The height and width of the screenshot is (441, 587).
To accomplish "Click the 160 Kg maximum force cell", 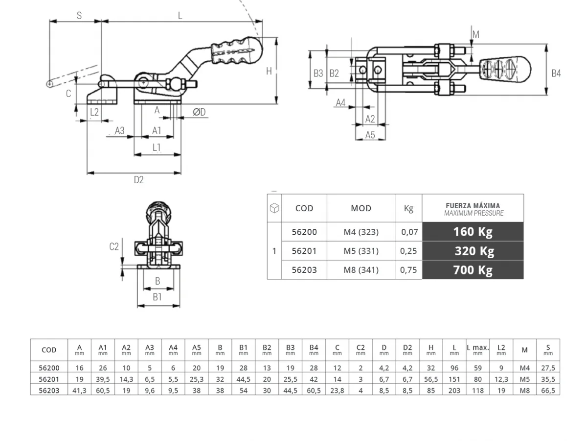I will (x=473, y=232).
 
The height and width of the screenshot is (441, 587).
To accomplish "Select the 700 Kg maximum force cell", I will (x=473, y=269).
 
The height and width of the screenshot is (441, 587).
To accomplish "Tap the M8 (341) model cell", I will (x=361, y=269).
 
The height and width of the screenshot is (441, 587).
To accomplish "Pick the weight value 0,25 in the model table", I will (x=408, y=251).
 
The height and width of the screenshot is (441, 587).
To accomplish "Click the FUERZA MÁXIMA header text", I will (x=473, y=206).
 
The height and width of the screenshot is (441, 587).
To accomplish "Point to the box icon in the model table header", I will (x=274, y=208).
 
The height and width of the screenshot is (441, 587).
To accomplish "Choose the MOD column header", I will (x=361, y=208).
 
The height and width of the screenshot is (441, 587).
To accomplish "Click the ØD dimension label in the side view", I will (x=199, y=112).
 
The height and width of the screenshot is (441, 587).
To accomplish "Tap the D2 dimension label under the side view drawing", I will (x=139, y=180).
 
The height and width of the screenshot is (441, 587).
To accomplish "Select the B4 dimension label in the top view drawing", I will (x=556, y=73).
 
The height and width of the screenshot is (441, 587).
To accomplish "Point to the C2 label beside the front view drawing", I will (x=114, y=246).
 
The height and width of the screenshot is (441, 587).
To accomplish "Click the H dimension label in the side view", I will (x=269, y=72).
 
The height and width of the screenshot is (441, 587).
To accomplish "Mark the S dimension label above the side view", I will (x=79, y=15).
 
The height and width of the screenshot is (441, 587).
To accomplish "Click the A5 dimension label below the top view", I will (x=370, y=135).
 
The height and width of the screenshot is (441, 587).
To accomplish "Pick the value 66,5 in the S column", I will (x=548, y=390).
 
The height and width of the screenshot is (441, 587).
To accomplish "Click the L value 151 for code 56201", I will (x=454, y=379).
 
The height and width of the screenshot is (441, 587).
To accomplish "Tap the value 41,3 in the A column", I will (x=79, y=390).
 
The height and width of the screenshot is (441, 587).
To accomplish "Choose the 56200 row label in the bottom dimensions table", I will (x=49, y=367).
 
